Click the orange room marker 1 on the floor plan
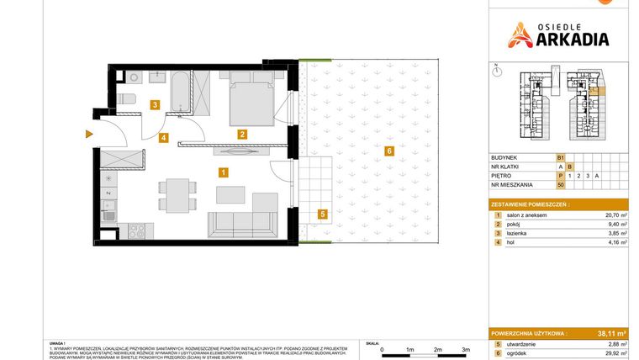223,172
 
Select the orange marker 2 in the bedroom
241,134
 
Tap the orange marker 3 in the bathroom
154,105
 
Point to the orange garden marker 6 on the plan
388,151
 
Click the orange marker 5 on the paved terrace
323,214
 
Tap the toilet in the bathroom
128,100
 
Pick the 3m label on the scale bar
466,348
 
